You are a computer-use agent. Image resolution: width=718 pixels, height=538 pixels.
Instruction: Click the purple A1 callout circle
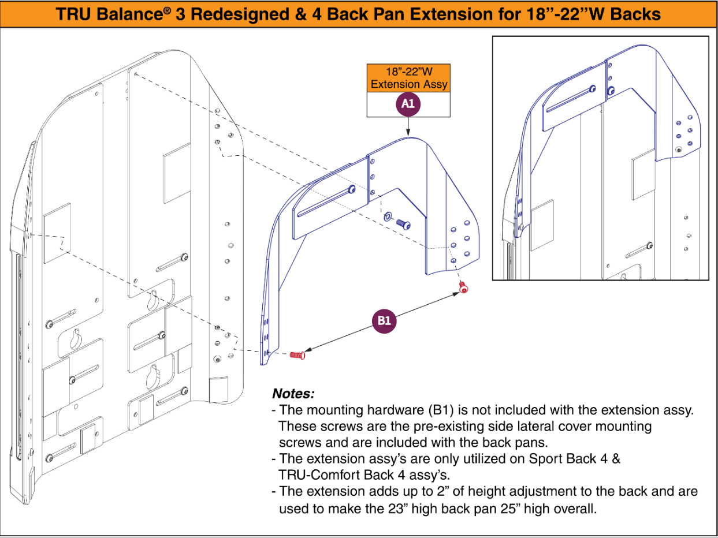click(408, 104)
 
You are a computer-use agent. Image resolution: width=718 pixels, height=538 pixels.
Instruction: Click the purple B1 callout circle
click(384, 321)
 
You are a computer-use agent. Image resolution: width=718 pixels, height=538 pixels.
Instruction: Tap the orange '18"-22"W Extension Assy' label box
click(408, 79)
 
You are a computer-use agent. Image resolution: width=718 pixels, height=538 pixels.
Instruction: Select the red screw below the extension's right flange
click(463, 287)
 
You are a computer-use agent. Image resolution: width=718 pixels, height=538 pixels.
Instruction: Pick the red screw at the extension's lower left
click(297, 354)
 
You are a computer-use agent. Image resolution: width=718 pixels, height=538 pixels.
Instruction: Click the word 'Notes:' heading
click(293, 394)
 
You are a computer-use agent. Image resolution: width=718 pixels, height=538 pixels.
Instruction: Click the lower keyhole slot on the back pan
click(154, 376)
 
